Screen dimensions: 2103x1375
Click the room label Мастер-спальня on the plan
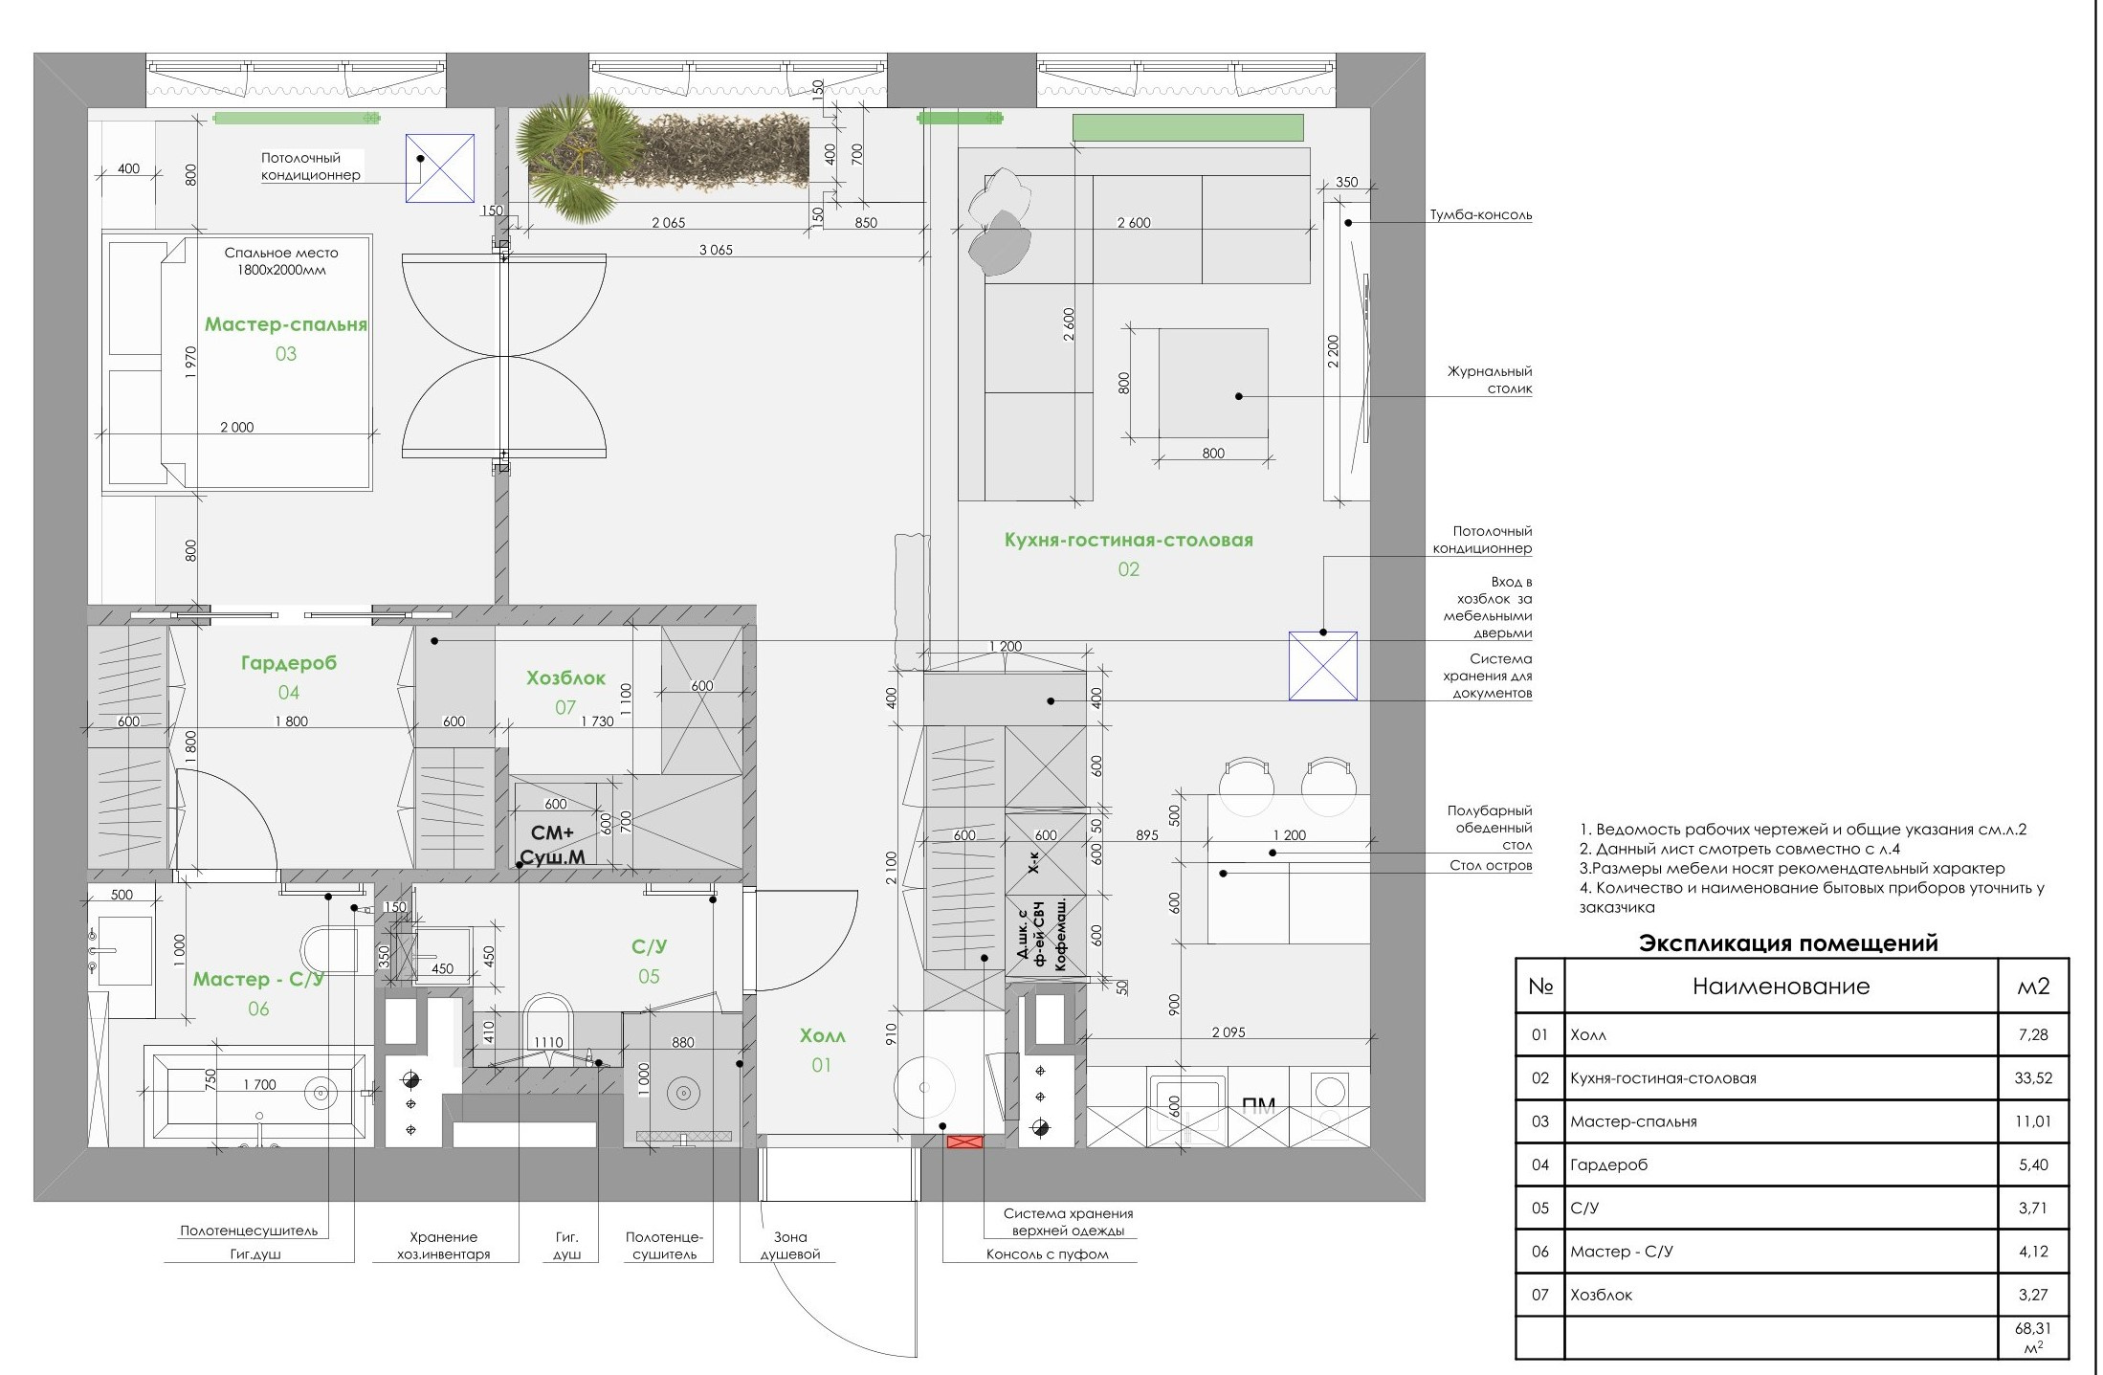coord(286,324)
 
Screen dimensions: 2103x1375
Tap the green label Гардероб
coord(288,663)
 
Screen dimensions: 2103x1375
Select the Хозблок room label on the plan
coord(565,678)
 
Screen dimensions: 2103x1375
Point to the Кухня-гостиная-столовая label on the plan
coord(1128,541)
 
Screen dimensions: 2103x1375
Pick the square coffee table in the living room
coord(1213,386)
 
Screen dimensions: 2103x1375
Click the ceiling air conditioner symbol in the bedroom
coord(440,167)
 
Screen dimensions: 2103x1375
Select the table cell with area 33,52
coord(2033,1078)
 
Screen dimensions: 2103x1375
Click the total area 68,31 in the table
coord(2033,1338)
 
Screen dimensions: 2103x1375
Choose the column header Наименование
coord(1781,987)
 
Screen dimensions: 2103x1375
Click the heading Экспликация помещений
coord(1788,943)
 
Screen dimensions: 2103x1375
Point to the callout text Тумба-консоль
coord(1481,215)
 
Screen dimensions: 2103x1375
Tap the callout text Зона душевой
coord(790,1246)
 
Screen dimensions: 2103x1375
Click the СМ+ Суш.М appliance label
coord(552,845)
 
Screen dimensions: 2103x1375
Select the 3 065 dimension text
coord(716,250)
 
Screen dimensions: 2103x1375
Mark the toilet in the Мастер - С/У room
coord(328,949)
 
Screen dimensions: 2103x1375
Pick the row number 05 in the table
coord(1539,1209)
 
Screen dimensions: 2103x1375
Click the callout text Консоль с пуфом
coord(1047,1254)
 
